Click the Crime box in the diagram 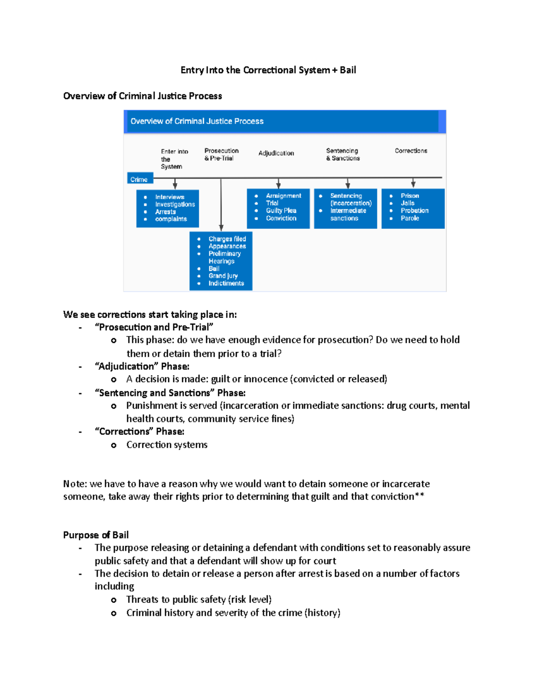[139, 179]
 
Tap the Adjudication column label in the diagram [276, 153]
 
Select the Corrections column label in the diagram [411, 151]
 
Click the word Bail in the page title [348, 70]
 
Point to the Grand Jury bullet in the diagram [223, 276]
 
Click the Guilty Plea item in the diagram [281, 210]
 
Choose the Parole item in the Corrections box [409, 218]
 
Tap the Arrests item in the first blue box [165, 212]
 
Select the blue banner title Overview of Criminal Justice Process [197, 121]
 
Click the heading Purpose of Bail [96, 535]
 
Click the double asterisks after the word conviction [420, 496]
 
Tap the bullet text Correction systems [166, 445]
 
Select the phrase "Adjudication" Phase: [142, 367]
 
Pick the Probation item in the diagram [414, 210]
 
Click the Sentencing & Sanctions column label [343, 154]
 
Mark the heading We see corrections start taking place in [150, 315]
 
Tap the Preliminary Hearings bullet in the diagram [224, 257]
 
